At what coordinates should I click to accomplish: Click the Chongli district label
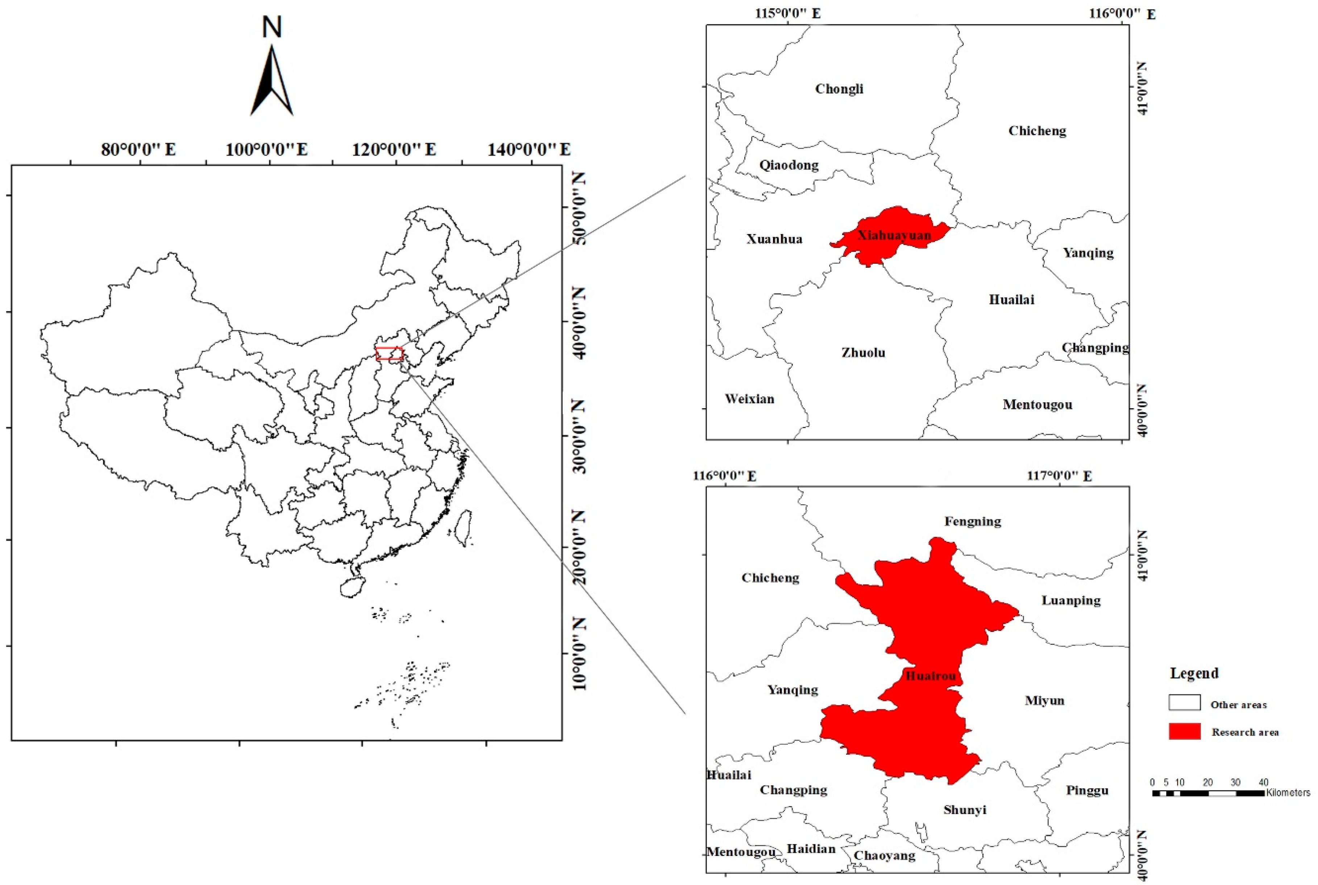coord(839,89)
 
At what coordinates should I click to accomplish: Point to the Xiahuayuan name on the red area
coord(894,235)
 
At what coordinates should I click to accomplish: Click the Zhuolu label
coord(863,353)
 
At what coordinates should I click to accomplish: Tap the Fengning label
coord(973,521)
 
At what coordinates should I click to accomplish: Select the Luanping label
coord(1071,600)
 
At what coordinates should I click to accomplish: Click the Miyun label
coord(1044,701)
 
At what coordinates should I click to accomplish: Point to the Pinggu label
coord(1086,790)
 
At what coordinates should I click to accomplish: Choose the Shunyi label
coord(965,810)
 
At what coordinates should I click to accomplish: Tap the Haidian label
coord(811,848)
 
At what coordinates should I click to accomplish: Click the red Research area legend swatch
coord(1184,731)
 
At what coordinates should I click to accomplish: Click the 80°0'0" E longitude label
coord(138,150)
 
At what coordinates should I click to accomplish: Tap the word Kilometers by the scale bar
coord(1288,792)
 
